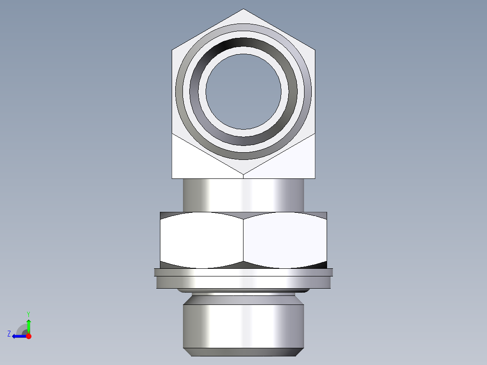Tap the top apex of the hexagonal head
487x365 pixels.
[x=243, y=9]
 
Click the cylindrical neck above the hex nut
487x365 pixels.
[x=243, y=194]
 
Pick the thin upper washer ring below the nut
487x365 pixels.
[x=243, y=272]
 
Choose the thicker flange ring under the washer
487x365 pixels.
[x=243, y=282]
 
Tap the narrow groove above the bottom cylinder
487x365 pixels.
[x=243, y=294]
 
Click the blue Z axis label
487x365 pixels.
[x=9, y=334]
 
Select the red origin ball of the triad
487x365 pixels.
[x=28, y=336]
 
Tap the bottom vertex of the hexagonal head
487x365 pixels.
[x=243, y=174]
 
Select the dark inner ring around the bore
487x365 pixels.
[x=243, y=44]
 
